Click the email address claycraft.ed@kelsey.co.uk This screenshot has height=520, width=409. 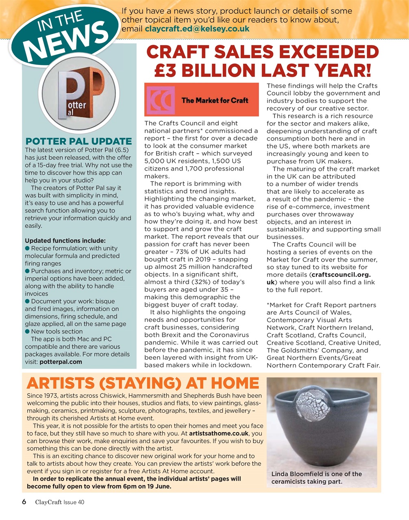click(197, 29)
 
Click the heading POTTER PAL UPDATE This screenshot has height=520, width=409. click(78, 141)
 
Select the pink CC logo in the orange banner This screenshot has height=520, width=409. click(160, 100)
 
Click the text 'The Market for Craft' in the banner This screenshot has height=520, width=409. click(215, 100)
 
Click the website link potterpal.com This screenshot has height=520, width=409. click(61, 362)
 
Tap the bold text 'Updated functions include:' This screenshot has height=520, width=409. click(65, 240)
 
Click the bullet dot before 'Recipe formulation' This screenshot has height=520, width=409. click(27, 248)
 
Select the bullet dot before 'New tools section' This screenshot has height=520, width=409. click(27, 331)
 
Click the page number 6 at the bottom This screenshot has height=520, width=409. click(24, 502)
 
